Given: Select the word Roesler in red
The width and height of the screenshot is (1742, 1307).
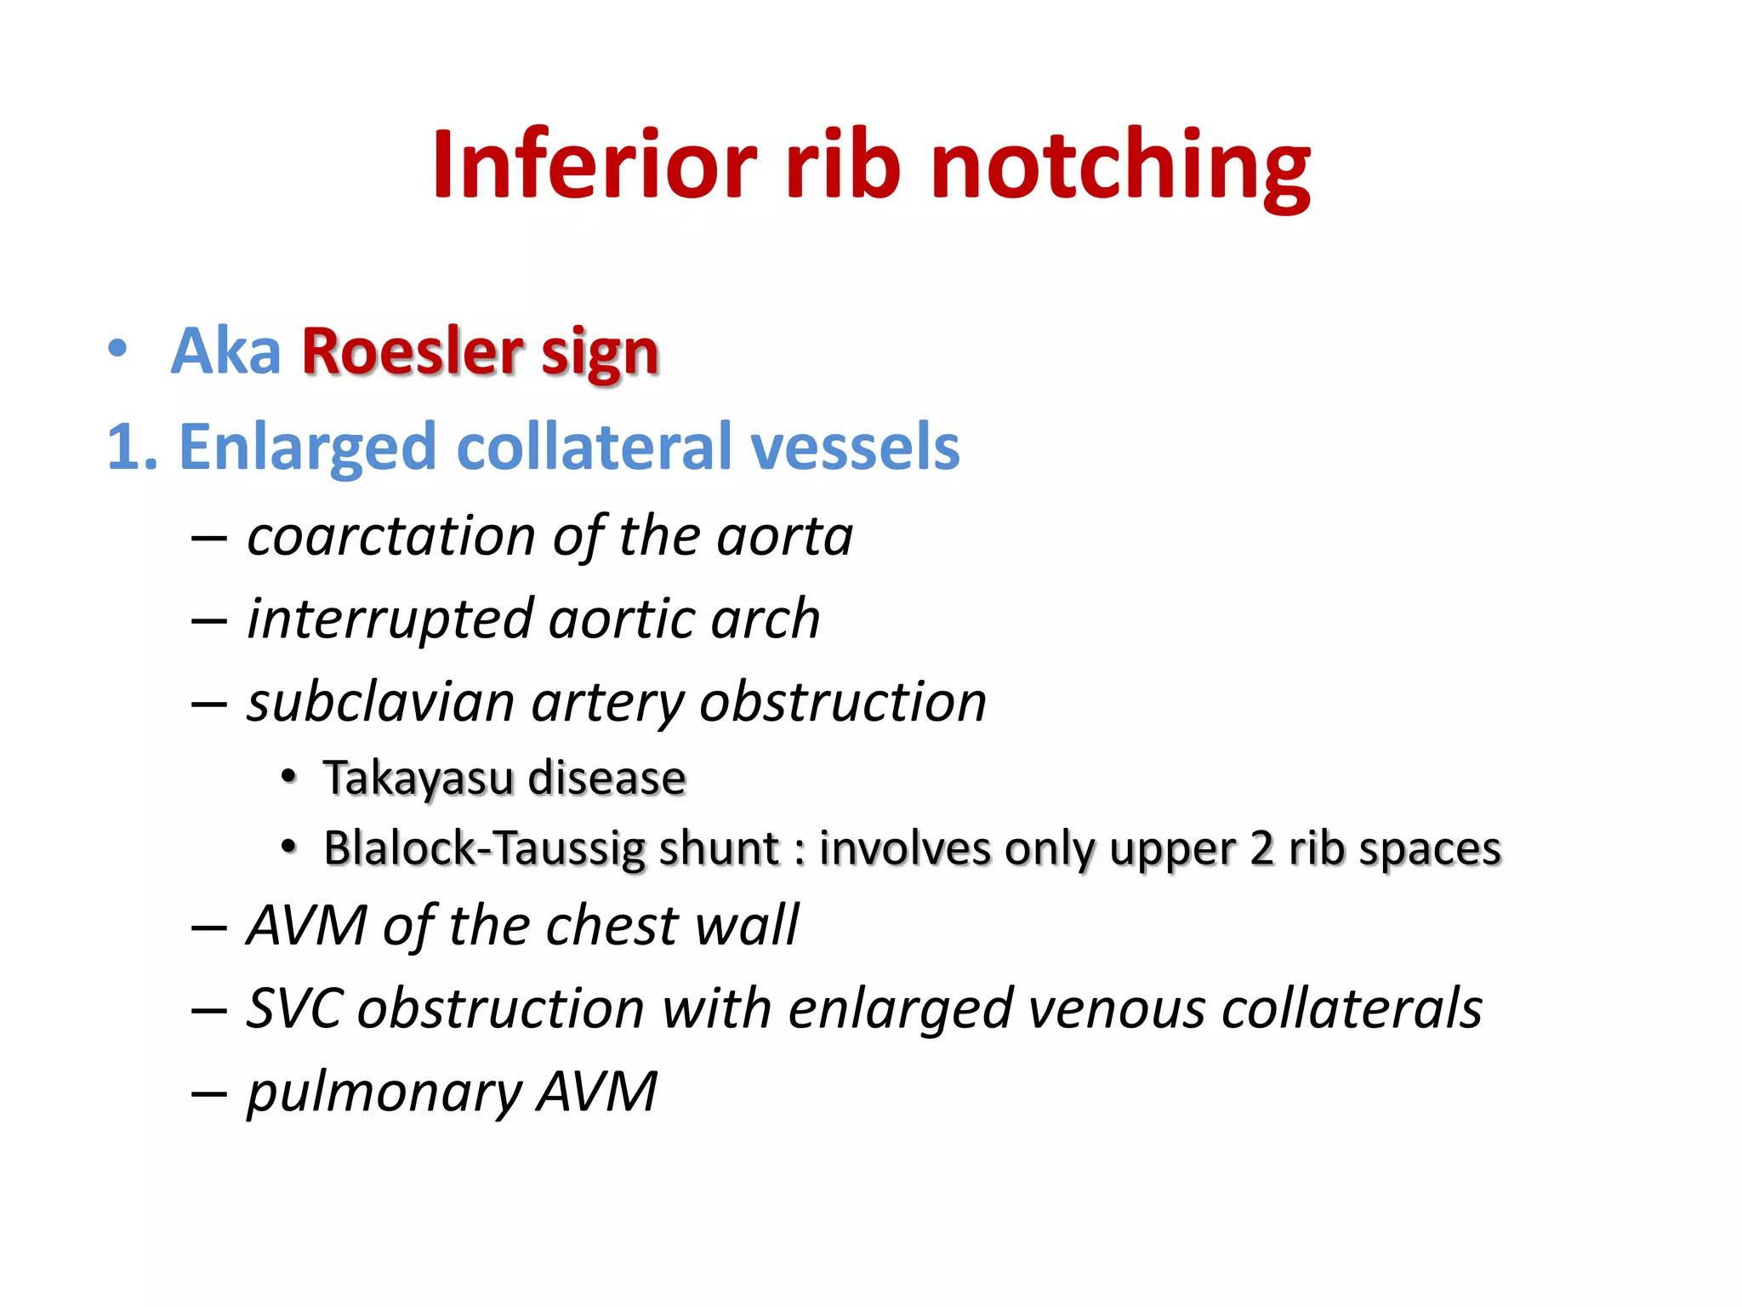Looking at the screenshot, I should (412, 351).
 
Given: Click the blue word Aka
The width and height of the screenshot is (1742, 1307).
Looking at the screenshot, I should (225, 351).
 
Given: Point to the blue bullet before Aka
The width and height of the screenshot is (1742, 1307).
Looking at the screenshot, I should (118, 349).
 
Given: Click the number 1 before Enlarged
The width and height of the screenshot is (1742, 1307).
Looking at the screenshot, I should (122, 447).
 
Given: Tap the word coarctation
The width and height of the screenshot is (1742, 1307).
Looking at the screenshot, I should (391, 537).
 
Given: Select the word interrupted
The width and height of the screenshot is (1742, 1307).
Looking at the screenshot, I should (390, 619).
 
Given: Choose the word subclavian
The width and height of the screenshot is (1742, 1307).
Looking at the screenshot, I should (381, 703).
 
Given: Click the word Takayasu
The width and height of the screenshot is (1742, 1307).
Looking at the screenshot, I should (418, 778).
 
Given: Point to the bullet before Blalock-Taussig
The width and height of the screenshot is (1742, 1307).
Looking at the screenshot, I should (289, 848).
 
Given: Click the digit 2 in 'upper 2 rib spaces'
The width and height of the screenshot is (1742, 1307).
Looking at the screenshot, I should (1262, 849).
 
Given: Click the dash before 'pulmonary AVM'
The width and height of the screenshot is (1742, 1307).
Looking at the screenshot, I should (209, 1093).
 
